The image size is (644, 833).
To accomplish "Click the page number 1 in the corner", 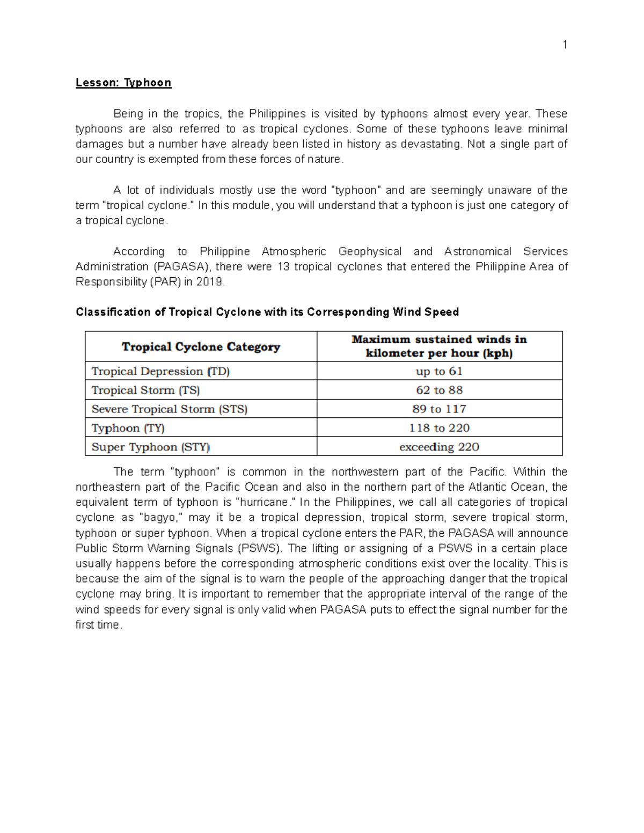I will pyautogui.click(x=565, y=45).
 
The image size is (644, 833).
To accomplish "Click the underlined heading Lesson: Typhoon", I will pyautogui.click(x=123, y=83).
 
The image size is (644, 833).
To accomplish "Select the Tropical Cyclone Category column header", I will pyautogui.click(x=201, y=347).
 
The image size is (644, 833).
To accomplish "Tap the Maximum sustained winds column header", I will pyautogui.click(x=439, y=346).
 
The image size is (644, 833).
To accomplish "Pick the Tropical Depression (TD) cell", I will pyautogui.click(x=160, y=371).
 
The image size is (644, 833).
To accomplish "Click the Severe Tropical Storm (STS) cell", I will pyautogui.click(x=169, y=409).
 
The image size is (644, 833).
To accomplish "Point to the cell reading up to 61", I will pyautogui.click(x=439, y=371).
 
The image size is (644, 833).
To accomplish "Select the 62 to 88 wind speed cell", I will pyautogui.click(x=439, y=390).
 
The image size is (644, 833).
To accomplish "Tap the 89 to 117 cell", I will pyautogui.click(x=439, y=409).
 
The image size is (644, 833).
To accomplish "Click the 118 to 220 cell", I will pyautogui.click(x=439, y=428).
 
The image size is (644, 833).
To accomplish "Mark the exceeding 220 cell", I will pyautogui.click(x=439, y=447).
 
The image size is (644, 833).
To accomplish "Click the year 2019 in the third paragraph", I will pyautogui.click(x=210, y=282).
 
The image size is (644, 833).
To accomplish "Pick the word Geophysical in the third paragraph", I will pyautogui.click(x=370, y=252).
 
